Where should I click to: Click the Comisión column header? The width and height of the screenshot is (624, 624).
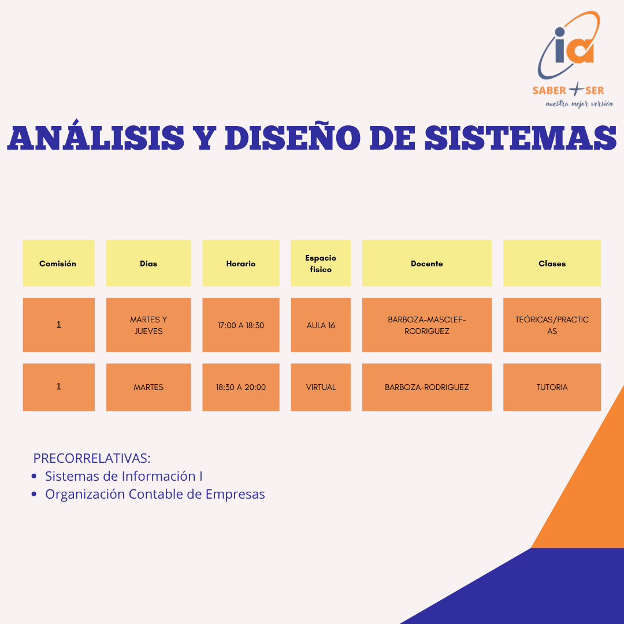(x=59, y=263)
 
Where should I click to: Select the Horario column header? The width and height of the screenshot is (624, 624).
(x=241, y=263)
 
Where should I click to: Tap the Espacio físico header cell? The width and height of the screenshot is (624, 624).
(x=321, y=263)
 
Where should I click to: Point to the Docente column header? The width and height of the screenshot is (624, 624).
(x=426, y=263)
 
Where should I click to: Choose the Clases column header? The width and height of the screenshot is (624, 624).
(x=552, y=263)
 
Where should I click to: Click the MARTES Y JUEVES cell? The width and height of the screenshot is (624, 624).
(x=148, y=325)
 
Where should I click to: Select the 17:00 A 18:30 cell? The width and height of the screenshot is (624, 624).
(x=241, y=325)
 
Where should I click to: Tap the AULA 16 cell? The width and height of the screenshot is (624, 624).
(x=321, y=325)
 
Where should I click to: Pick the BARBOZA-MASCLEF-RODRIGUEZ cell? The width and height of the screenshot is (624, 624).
(x=426, y=325)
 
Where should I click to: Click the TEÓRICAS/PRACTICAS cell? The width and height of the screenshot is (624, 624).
(x=552, y=325)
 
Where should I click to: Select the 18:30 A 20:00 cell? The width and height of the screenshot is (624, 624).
(x=241, y=387)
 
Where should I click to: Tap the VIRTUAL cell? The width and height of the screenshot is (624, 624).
(x=321, y=387)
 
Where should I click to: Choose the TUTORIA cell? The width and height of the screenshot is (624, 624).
(x=552, y=387)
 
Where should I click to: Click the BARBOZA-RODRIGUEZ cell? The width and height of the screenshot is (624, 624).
(x=426, y=387)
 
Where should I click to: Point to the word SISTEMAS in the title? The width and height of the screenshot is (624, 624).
(x=521, y=138)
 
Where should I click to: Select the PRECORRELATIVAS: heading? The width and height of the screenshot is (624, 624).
(x=92, y=458)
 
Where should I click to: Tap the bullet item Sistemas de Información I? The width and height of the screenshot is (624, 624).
(x=124, y=476)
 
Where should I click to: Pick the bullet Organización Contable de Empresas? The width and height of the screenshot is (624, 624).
(x=155, y=494)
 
